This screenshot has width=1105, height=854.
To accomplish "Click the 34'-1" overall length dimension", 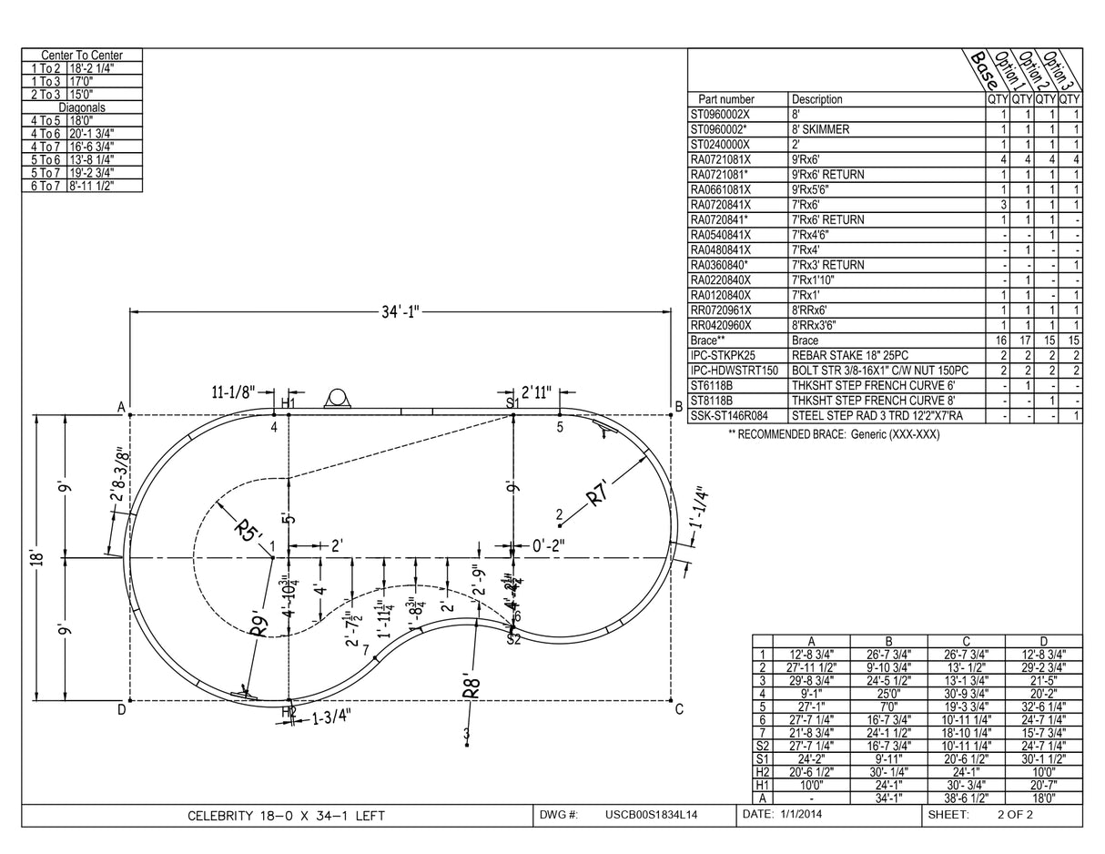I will (400, 312).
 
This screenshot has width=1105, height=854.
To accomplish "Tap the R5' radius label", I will (247, 530).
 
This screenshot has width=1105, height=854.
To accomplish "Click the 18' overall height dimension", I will (35, 556).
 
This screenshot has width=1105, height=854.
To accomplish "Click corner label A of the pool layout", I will (120, 408).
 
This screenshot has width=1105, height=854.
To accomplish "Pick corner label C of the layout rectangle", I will (679, 710).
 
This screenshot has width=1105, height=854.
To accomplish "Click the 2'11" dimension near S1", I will (537, 392).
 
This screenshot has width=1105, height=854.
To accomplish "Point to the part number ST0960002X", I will (720, 115).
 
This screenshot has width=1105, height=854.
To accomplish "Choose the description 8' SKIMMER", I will (820, 129).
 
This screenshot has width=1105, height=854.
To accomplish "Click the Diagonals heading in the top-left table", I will (82, 107).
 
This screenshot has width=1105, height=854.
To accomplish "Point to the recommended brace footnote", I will (834, 434).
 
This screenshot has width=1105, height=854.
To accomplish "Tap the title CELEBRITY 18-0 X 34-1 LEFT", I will (286, 816).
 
